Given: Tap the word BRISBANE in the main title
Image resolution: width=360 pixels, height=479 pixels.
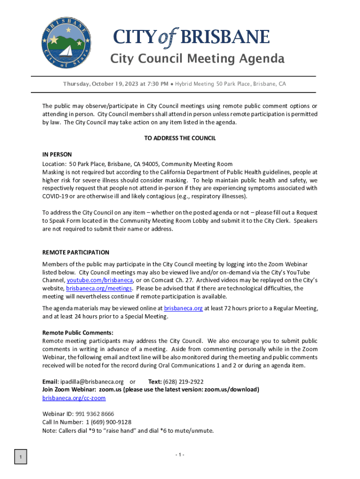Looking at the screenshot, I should pyautogui.click(x=225, y=37).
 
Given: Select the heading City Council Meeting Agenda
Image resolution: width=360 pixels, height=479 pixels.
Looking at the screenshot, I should pyautogui.click(x=197, y=59).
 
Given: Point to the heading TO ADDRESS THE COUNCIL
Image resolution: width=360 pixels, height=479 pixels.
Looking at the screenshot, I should pyautogui.click(x=180, y=138).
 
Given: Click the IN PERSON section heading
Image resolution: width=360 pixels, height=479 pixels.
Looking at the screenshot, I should pyautogui.click(x=57, y=154).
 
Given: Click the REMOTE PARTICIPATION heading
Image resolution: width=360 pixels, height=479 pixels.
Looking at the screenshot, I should pyautogui.click(x=76, y=253).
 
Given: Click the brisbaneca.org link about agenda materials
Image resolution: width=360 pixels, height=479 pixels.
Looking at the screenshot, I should pyautogui.click(x=183, y=308).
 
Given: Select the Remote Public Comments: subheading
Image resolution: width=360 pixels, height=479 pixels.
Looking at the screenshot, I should pyautogui.click(x=72, y=333).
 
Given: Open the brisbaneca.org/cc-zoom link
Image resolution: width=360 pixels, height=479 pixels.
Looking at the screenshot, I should pyautogui.click(x=74, y=398).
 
